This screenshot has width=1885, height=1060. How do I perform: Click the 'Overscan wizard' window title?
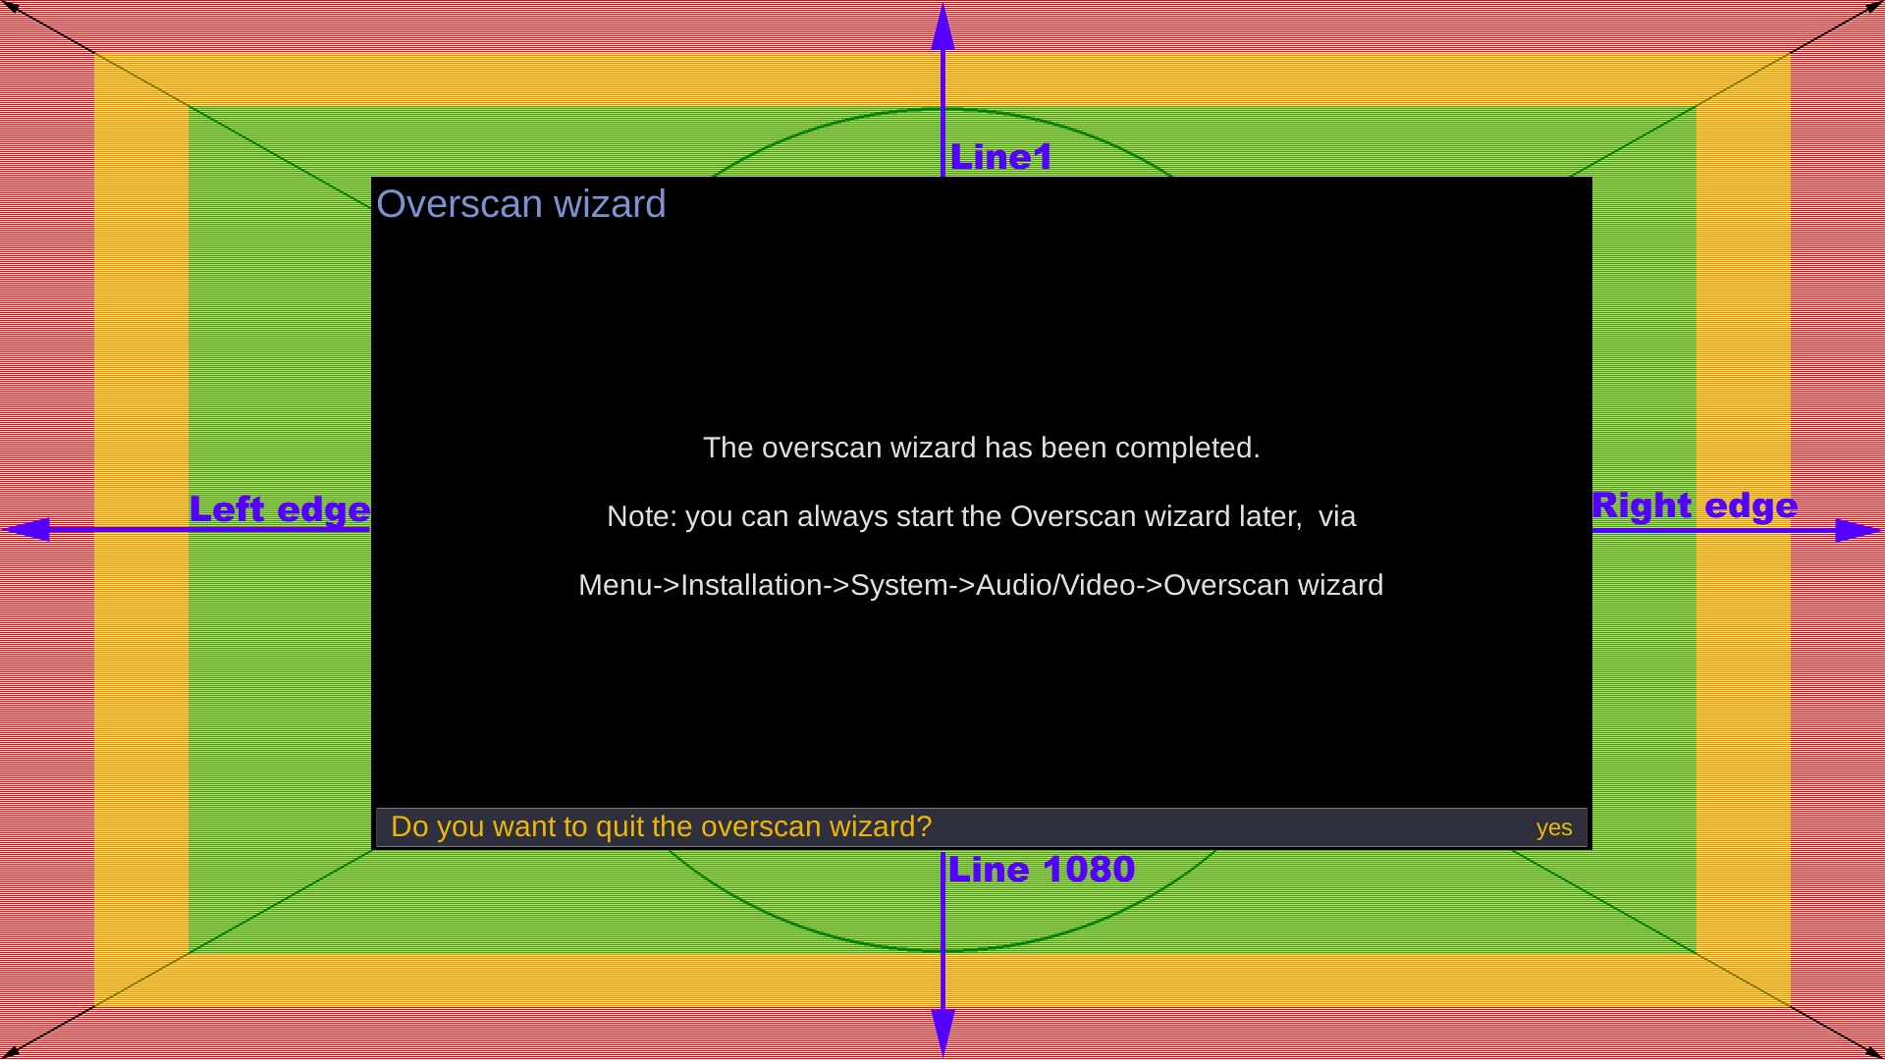[521, 204]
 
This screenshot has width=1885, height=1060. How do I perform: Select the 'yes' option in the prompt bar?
[1554, 828]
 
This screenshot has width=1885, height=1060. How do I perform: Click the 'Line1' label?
[1001, 157]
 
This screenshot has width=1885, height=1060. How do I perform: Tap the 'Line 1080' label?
[1042, 870]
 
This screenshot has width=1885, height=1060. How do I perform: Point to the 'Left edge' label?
[280, 510]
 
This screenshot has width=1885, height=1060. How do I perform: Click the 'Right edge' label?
[1695, 506]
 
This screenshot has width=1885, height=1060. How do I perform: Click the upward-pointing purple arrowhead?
[942, 26]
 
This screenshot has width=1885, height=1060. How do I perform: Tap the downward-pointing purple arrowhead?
[942, 1033]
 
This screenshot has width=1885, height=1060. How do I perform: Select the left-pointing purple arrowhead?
[27, 530]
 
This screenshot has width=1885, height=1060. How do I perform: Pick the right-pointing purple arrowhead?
[1858, 531]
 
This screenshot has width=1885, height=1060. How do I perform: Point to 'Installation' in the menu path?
[751, 586]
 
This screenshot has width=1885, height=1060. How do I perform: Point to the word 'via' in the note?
[1337, 517]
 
